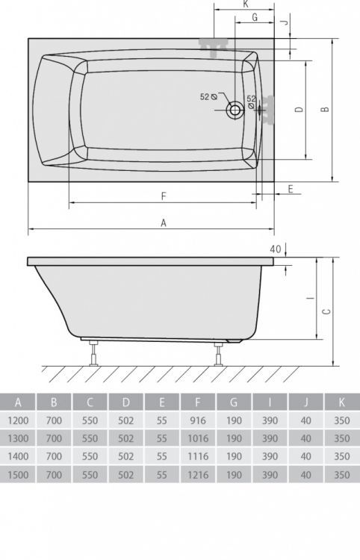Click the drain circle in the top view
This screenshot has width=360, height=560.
click(235, 111)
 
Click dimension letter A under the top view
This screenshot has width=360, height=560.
click(164, 222)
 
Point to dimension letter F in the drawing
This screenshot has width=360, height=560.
click(163, 196)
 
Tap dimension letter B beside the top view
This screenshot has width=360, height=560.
click(323, 110)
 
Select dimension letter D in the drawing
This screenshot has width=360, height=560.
click(298, 110)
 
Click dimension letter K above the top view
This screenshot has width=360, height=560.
click(246, 4)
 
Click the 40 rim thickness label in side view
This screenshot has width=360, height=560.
click(276, 249)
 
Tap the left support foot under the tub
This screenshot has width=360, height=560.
click(93, 352)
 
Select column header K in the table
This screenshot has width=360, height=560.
click(342, 402)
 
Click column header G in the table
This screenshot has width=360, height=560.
click(234, 402)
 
